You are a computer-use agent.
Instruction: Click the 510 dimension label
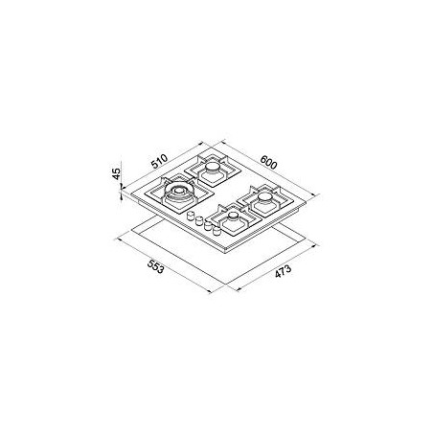159,161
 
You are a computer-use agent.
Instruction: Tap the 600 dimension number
268,162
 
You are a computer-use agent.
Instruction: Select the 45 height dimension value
117,173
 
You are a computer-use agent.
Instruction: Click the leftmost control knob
191,216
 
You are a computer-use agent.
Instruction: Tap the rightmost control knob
216,230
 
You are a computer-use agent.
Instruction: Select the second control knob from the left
199,220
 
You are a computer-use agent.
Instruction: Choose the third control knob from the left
208,225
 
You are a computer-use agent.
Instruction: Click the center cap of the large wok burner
177,191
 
